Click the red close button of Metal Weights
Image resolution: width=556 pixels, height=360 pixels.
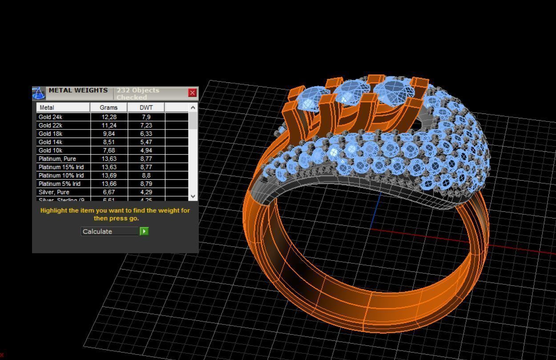click(192, 93)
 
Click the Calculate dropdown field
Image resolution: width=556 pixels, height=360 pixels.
click(110, 231)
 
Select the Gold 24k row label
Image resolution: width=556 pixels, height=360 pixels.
click(50, 117)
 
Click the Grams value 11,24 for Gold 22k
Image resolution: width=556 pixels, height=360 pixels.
click(109, 125)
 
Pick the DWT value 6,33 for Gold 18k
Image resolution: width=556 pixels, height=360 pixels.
click(145, 133)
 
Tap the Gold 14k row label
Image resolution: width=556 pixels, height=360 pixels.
click(50, 142)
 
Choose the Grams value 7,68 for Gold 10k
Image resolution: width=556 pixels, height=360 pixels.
click(109, 150)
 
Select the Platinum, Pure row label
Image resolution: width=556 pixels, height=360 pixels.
click(57, 159)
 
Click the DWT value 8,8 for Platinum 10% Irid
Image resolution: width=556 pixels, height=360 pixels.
click(145, 175)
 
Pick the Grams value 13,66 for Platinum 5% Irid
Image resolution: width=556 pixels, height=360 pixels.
click(109, 184)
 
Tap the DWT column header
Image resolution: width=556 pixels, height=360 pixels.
click(146, 107)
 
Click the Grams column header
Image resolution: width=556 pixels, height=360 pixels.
click(109, 107)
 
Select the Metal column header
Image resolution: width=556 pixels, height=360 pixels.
click(47, 107)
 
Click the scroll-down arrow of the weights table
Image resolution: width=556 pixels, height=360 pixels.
click(193, 196)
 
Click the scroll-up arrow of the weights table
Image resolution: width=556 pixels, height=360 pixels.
click(193, 107)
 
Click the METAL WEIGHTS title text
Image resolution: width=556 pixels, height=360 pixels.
click(78, 90)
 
